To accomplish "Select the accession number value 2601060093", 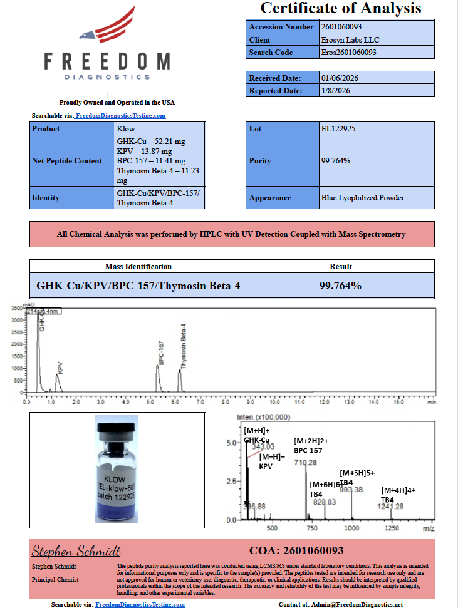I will (341, 27).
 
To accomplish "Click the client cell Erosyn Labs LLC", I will (350, 39).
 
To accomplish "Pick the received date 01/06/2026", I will (340, 78).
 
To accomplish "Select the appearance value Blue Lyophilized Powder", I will (362, 198).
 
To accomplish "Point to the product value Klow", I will (126, 129).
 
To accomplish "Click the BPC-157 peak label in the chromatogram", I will (161, 353).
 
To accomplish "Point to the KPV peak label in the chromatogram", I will (60, 368).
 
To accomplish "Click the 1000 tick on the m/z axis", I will (352, 528).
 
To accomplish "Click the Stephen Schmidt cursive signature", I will (76, 551).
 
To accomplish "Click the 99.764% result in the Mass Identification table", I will (340, 286).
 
